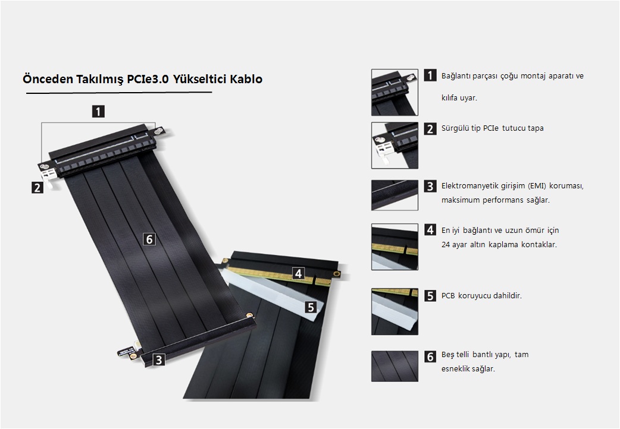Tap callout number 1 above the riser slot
click(x=98, y=111)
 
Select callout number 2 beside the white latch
click(x=37, y=187)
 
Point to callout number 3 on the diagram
click(x=158, y=359)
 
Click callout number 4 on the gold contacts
click(x=299, y=273)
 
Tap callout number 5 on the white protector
click(x=311, y=307)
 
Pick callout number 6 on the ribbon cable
click(x=149, y=239)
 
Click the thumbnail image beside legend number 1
click(x=394, y=93)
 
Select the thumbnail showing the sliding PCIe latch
click(x=394, y=146)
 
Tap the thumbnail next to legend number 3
click(x=394, y=195)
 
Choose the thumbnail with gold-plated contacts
click(x=394, y=247)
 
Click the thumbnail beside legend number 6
click(x=394, y=366)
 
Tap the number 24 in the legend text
click(x=446, y=245)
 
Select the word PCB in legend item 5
click(x=448, y=295)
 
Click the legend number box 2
click(x=430, y=129)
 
